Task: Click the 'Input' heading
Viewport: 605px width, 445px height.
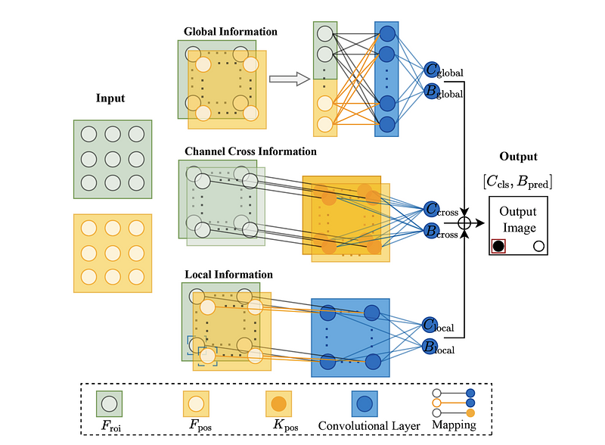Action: click(110, 98)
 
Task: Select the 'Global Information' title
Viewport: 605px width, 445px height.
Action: click(231, 32)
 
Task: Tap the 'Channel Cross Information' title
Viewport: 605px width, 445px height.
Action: click(250, 151)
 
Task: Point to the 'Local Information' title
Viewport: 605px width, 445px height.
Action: click(228, 274)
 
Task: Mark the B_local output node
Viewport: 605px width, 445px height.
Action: click(430, 347)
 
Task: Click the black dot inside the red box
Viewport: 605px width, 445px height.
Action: click(498, 245)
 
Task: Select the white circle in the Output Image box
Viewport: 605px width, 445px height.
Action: click(538, 245)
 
